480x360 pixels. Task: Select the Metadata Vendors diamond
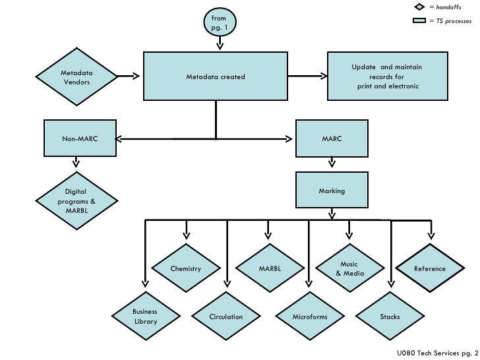coord(76,77)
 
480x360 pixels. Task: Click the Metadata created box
coord(216,77)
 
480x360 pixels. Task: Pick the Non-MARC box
coord(80,139)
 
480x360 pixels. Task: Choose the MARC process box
coord(332,139)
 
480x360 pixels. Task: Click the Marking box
coord(332,191)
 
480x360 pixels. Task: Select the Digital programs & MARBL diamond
coord(76,201)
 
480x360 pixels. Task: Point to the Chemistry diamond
coord(185,269)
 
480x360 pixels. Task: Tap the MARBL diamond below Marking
coord(269,269)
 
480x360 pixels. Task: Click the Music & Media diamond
coord(349,268)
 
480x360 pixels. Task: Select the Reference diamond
coord(430,268)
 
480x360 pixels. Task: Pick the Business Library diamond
coord(144,316)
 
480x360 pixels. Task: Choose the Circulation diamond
coord(226,317)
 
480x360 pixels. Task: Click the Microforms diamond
coord(309,317)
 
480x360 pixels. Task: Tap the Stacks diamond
coord(390,317)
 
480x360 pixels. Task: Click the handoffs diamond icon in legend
coord(419,7)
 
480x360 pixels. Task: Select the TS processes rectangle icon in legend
coord(419,21)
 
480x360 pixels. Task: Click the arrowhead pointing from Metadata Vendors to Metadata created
coord(136,76)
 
